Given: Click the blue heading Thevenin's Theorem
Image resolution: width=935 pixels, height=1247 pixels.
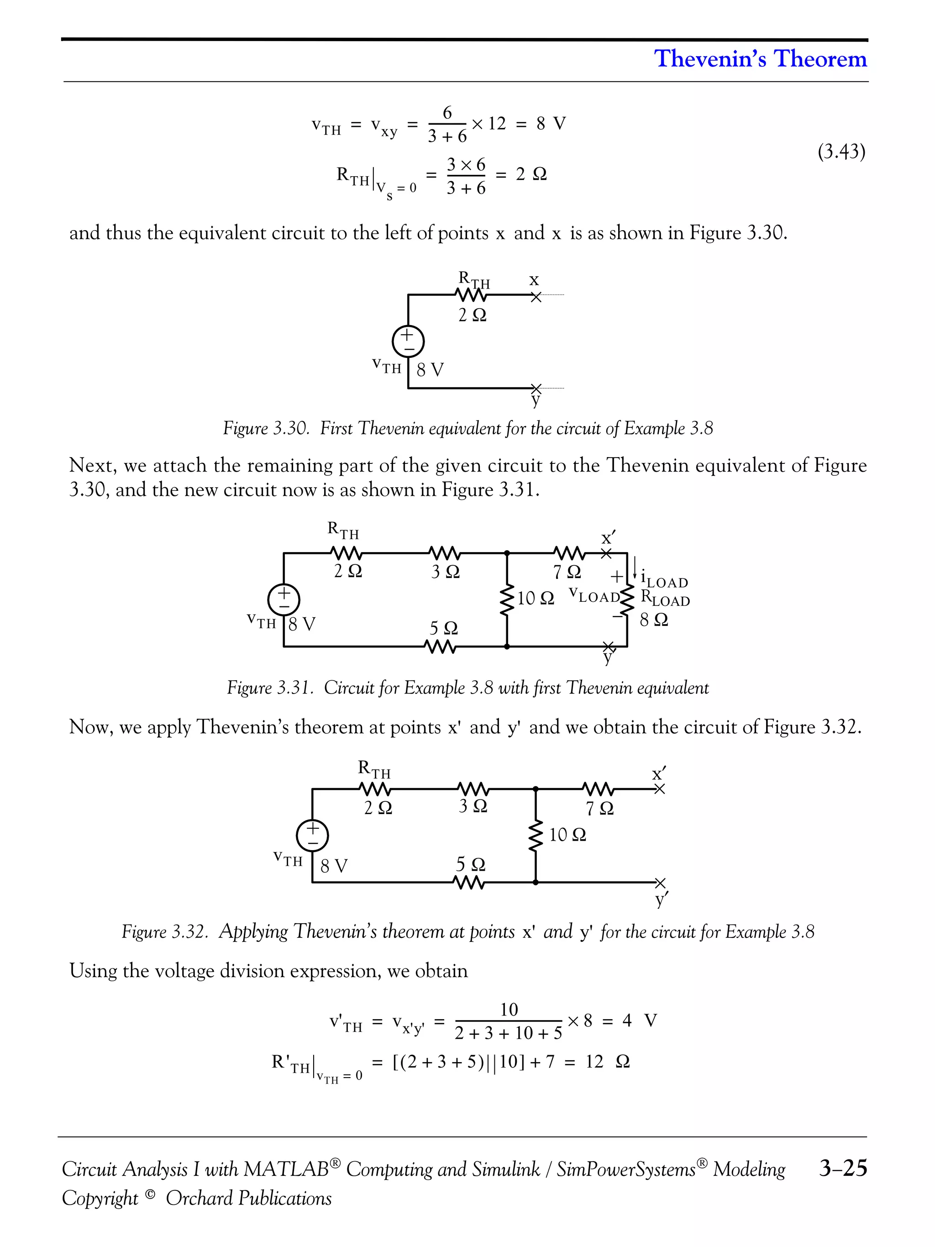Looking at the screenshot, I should click(760, 58).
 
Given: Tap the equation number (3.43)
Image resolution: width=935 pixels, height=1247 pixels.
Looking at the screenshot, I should click(841, 151).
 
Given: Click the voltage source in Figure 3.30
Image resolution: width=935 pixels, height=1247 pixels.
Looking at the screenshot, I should click(408, 341).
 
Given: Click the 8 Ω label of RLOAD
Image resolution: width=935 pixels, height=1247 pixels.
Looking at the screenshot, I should click(654, 620).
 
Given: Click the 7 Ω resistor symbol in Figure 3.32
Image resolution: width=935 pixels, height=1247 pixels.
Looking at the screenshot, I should click(598, 789).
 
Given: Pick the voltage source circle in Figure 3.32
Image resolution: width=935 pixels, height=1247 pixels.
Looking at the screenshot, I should click(312, 835).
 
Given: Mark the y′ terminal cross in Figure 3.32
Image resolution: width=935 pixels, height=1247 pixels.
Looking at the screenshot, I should click(661, 882).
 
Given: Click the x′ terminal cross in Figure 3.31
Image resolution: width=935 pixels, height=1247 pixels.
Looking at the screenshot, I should click(606, 553).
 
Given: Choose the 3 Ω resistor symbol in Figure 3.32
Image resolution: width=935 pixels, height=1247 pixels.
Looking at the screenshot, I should click(472, 789).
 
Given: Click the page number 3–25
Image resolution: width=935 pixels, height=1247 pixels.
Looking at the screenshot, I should click(843, 1168).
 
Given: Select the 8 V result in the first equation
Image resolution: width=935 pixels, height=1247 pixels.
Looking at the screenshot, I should click(551, 123).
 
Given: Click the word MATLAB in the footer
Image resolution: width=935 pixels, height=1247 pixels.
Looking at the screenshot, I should click(286, 1169).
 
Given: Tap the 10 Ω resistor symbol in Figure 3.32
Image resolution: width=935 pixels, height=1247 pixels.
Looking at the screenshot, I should click(536, 836).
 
